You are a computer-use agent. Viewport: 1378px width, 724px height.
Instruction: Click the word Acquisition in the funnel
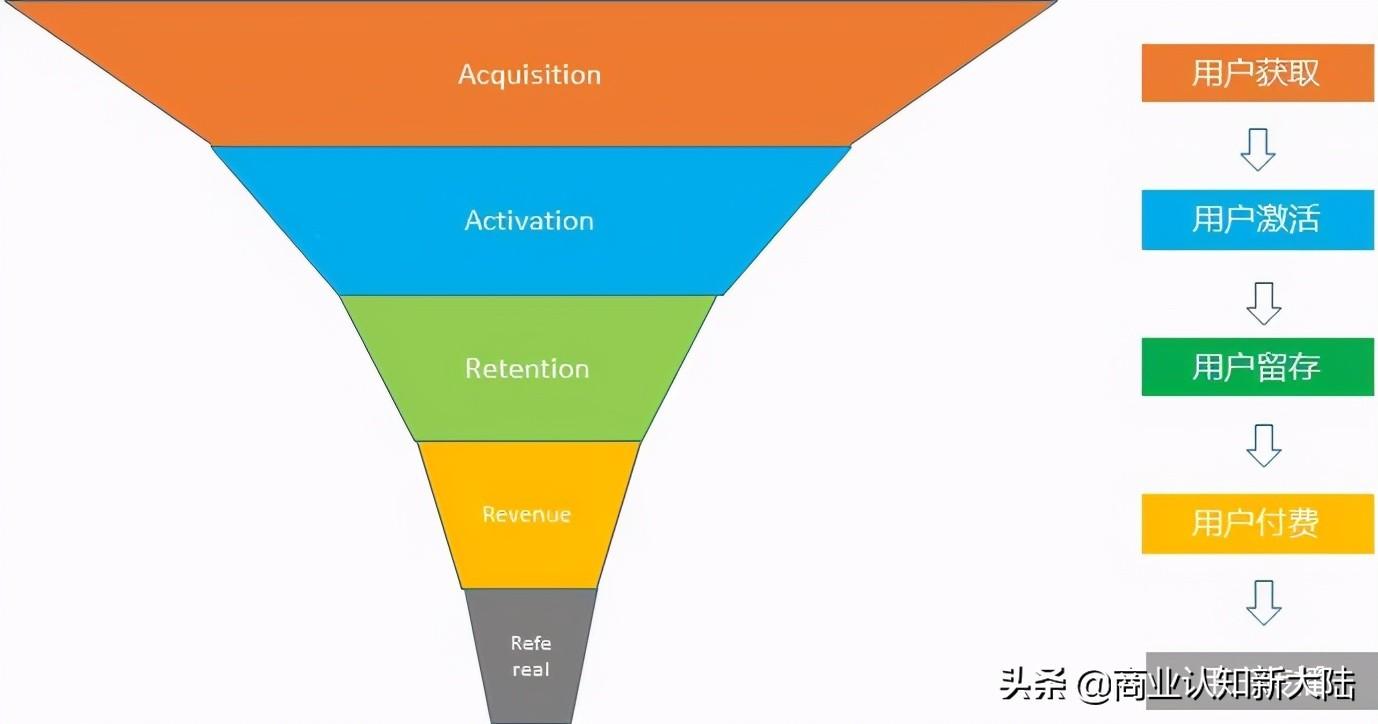529,75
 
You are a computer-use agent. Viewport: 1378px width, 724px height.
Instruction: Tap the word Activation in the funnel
529,221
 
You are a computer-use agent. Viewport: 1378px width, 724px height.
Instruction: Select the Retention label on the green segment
527,369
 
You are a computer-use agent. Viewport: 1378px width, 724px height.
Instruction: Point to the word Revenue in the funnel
527,515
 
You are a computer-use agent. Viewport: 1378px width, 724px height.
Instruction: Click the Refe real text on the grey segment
531,656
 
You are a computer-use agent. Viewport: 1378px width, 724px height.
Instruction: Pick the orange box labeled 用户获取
1256,73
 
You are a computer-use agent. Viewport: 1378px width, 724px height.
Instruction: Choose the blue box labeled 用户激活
1256,220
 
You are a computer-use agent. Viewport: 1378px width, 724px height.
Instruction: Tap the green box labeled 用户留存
1256,367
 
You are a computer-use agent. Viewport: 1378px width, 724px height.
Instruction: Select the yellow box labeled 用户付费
1256,523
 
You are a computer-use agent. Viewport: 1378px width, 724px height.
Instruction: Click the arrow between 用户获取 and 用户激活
1257,148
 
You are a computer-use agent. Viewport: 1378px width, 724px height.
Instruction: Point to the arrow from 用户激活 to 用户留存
1263,302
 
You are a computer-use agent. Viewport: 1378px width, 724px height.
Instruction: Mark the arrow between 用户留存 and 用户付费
1263,445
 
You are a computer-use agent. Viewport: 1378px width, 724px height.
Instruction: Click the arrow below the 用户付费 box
1263,602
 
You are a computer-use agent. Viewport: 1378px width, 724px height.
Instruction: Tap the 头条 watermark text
1036,686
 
